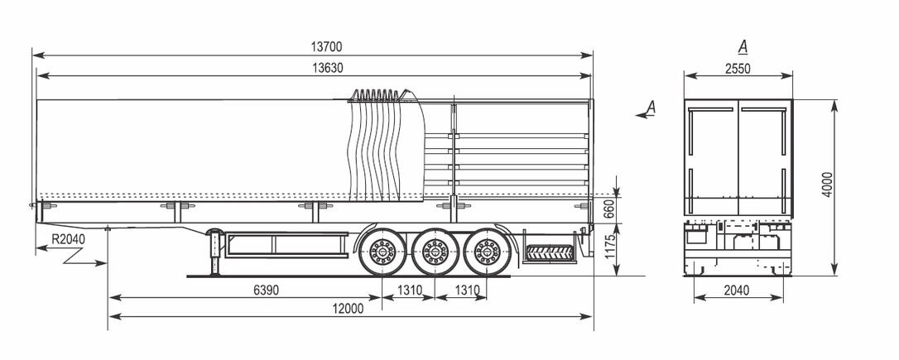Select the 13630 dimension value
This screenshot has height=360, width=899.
[327, 68]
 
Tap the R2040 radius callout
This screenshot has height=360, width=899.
[68, 239]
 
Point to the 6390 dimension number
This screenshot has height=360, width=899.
[266, 290]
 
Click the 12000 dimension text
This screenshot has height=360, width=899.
[349, 309]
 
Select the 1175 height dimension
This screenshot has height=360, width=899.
[609, 247]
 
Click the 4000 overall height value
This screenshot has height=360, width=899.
[827, 184]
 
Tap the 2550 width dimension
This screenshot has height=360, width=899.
[738, 69]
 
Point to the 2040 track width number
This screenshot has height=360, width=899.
[736, 290]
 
